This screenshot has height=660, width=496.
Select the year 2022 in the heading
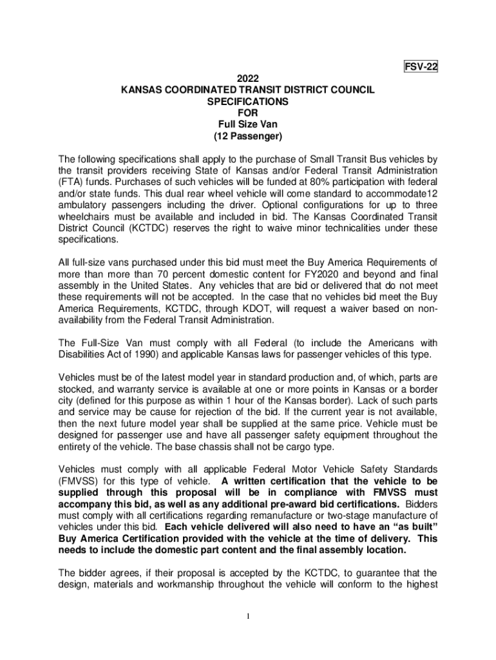point(248,79)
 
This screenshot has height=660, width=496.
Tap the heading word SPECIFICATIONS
point(248,102)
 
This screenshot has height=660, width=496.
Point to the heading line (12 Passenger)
point(248,137)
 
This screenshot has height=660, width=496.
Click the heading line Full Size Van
point(248,125)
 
